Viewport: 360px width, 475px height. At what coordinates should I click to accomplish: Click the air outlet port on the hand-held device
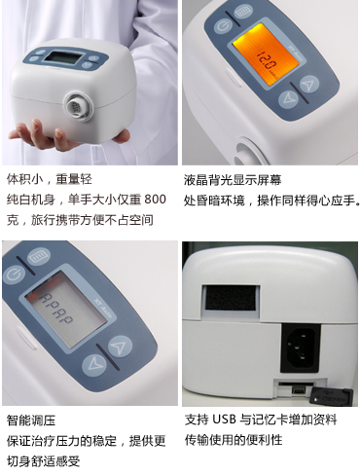[79, 106]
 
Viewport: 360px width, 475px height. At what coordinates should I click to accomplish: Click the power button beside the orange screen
[223, 26]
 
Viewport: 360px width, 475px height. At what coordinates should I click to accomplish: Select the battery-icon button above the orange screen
[243, 13]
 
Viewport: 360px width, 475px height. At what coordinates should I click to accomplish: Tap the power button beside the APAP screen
[14, 274]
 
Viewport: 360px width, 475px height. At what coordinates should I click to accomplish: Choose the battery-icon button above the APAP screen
[39, 258]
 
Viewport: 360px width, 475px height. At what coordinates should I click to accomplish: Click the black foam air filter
[230, 298]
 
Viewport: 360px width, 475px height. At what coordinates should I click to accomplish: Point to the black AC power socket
[300, 347]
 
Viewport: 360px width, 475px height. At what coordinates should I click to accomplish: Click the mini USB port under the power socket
[299, 390]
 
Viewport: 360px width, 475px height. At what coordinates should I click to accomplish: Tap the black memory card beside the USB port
[331, 396]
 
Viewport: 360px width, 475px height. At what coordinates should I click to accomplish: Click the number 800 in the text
[155, 200]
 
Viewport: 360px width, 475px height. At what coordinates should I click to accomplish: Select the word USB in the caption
[224, 420]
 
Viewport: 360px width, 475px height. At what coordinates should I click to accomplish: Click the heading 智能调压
[31, 420]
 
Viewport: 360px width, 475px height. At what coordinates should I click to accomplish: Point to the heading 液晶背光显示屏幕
[233, 180]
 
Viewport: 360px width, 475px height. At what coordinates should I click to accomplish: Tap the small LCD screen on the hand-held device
[62, 57]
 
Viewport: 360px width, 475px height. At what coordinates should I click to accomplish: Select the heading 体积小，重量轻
[50, 179]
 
